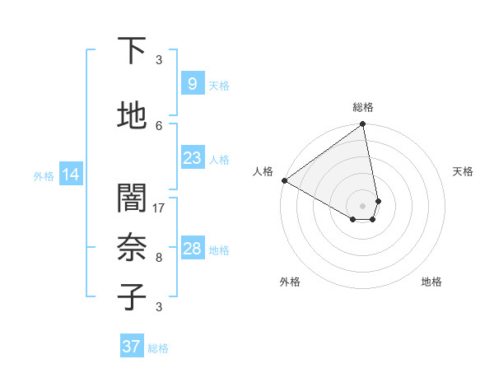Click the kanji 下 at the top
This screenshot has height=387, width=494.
132,51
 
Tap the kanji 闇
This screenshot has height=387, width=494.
132,198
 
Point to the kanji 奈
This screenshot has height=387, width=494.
132,248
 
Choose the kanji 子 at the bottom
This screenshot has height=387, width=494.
132,297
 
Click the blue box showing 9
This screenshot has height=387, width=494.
192,84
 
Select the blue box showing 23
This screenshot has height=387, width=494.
192,158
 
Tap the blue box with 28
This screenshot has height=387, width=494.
192,249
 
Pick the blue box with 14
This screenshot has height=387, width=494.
70,175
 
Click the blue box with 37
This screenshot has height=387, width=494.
131,347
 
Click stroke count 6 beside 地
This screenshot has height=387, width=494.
159,125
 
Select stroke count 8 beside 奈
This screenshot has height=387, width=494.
159,257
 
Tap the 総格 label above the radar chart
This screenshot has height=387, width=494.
363,107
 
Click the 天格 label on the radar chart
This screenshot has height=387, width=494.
463,171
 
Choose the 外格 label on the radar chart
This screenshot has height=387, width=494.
290,282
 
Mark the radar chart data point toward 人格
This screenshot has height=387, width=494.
284,180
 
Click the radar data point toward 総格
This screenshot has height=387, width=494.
362,125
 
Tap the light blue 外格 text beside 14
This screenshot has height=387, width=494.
44,175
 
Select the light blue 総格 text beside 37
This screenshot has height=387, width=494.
158,347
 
